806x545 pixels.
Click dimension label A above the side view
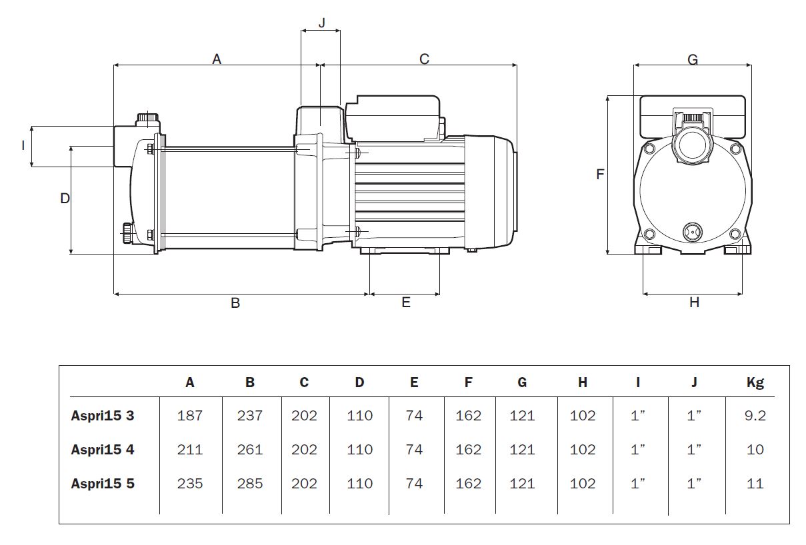pos(217,59)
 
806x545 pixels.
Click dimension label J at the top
pos(322,23)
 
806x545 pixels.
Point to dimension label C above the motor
pos(424,59)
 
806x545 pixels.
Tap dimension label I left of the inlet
pos(23,145)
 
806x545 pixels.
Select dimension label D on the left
pos(65,198)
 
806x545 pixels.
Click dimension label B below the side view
pos(235,303)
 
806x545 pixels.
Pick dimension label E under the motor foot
pos(406,303)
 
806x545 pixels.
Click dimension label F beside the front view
pos(600,175)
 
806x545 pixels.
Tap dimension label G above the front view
pos(693,60)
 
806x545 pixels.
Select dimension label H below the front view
pos(694,302)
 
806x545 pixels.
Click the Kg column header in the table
pos(755,382)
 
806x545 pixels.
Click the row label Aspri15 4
pos(103,450)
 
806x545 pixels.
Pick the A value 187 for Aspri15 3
pos(190,416)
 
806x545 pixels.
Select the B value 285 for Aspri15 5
pos(250,484)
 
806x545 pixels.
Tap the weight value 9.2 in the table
pos(755,416)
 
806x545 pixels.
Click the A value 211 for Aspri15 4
pos(190,450)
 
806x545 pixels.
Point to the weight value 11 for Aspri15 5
pos(755,484)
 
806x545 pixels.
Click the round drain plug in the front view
pos(692,232)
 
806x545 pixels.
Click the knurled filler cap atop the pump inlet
pos(148,119)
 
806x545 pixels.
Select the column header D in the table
pos(359,382)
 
